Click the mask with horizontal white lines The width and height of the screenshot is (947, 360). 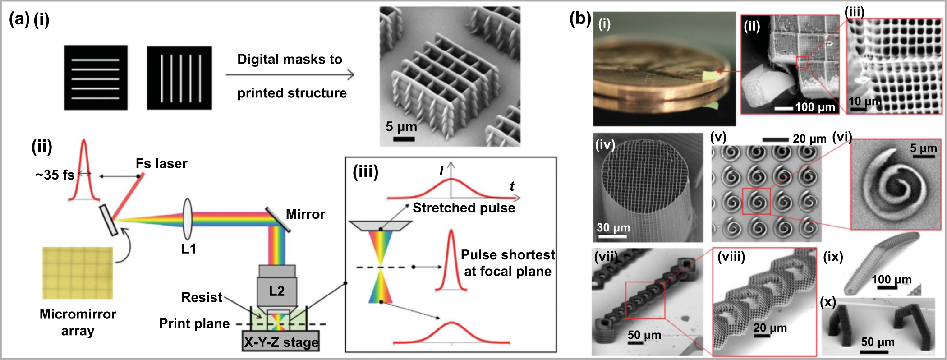point(96,78)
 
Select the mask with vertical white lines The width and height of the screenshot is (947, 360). point(179,78)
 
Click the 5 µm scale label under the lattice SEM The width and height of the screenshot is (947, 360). point(401,127)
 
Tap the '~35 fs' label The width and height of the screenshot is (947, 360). point(55,175)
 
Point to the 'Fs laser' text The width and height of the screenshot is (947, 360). point(161,164)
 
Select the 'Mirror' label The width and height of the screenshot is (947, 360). point(305,214)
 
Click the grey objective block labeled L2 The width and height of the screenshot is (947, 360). point(277,291)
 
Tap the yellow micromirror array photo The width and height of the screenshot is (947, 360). point(78,272)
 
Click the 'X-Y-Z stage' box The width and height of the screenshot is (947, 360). point(280,342)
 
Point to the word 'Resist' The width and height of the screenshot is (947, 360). point(201,298)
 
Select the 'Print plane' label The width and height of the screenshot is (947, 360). point(194,324)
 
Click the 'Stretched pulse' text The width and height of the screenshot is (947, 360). point(464,208)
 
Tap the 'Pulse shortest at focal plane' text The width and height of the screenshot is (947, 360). point(507,263)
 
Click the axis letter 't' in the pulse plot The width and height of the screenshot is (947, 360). point(512,186)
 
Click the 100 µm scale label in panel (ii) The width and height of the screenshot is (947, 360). point(815,107)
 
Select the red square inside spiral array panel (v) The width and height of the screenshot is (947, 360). point(756,201)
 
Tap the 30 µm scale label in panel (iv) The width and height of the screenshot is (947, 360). point(613,227)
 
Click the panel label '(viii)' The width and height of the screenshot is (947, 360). point(731,257)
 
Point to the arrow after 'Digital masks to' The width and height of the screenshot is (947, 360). point(290,75)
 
